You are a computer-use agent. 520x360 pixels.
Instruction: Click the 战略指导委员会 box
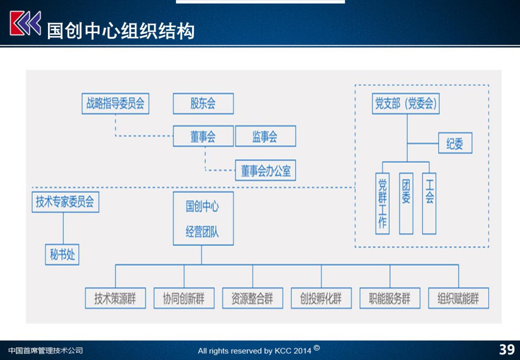click(115, 103)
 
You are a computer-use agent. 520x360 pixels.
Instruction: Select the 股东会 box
click(203, 103)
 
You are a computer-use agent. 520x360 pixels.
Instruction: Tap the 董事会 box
click(203, 136)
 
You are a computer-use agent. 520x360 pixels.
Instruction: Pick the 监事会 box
click(266, 136)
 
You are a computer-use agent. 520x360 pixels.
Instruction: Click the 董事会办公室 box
click(266, 170)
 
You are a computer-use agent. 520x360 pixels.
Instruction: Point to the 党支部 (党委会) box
click(406, 103)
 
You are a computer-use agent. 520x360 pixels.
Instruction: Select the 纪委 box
click(455, 143)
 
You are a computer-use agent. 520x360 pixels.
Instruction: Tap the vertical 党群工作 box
click(382, 203)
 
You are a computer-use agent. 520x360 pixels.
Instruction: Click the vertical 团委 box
click(406, 203)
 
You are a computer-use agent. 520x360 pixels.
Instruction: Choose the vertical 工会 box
click(429, 203)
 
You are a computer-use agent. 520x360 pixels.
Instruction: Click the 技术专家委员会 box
click(66, 202)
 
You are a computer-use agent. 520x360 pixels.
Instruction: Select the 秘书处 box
click(62, 255)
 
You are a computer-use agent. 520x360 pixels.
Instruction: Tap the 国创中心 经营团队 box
click(203, 219)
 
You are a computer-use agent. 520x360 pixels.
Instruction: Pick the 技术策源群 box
click(115, 298)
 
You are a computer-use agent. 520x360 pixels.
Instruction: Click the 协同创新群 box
click(184, 298)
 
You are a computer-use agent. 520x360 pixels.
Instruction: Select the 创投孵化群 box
click(321, 298)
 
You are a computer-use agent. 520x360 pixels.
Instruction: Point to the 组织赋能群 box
click(458, 298)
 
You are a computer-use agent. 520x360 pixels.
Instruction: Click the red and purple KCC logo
click(25, 23)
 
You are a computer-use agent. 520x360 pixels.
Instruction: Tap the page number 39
click(507, 350)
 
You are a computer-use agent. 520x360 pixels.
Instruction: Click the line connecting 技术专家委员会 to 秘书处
click(64, 228)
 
